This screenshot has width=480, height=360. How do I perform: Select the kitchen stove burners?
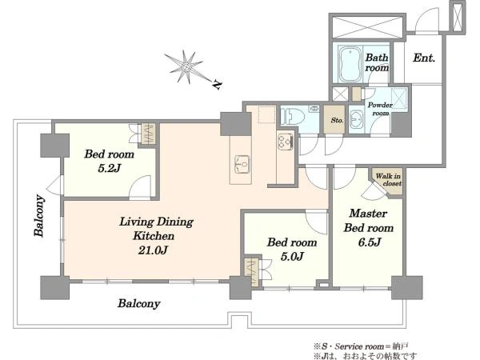click(286, 142)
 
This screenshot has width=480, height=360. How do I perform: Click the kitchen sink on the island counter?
click(242, 164)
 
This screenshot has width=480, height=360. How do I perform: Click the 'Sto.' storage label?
click(337, 120)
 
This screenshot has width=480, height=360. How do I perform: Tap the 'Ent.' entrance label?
click(424, 58)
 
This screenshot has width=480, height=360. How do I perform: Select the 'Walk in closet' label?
click(389, 180)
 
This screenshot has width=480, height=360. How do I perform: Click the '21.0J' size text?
click(153, 250)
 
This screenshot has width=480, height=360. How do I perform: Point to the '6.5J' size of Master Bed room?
click(369, 242)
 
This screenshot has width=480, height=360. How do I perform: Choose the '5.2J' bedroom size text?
click(110, 168)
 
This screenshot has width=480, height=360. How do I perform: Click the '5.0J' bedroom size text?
click(292, 256)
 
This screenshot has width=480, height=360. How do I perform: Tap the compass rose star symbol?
click(186, 66)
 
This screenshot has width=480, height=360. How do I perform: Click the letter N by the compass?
click(217, 85)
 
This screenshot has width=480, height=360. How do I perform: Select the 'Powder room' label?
click(380, 109)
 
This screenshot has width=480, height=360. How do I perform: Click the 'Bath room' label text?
click(377, 62)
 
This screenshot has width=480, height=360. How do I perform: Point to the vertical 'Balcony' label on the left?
click(39, 215)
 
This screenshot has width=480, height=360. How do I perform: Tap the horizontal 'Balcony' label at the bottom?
click(139, 303)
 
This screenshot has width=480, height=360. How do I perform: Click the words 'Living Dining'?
click(156, 222)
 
